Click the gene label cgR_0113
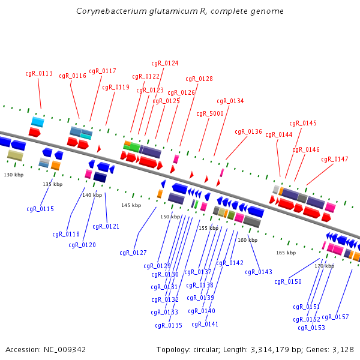pyautogui.click(x=39, y=73)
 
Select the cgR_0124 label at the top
pyautogui.click(x=165, y=63)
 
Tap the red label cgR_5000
pyautogui.click(x=210, y=113)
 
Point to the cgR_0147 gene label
pyautogui.click(x=335, y=159)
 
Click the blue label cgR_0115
pyautogui.click(x=40, y=209)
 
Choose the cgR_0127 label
pyautogui.click(x=133, y=253)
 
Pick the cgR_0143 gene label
pyautogui.click(x=259, y=272)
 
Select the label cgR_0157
pyautogui.click(x=335, y=317)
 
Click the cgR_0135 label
pyautogui.click(x=169, y=325)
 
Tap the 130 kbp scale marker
pyautogui.click(x=14, y=175)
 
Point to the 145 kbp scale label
pyautogui.click(x=131, y=205)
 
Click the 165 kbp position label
pyautogui.click(x=286, y=253)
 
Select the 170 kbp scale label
pyautogui.click(x=324, y=266)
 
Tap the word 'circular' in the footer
pyautogui.click(x=206, y=350)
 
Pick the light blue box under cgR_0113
pyautogui.click(x=38, y=122)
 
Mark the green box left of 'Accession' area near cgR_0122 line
pyautogui.click(x=134, y=148)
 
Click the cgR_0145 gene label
pyautogui.click(x=303, y=123)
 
